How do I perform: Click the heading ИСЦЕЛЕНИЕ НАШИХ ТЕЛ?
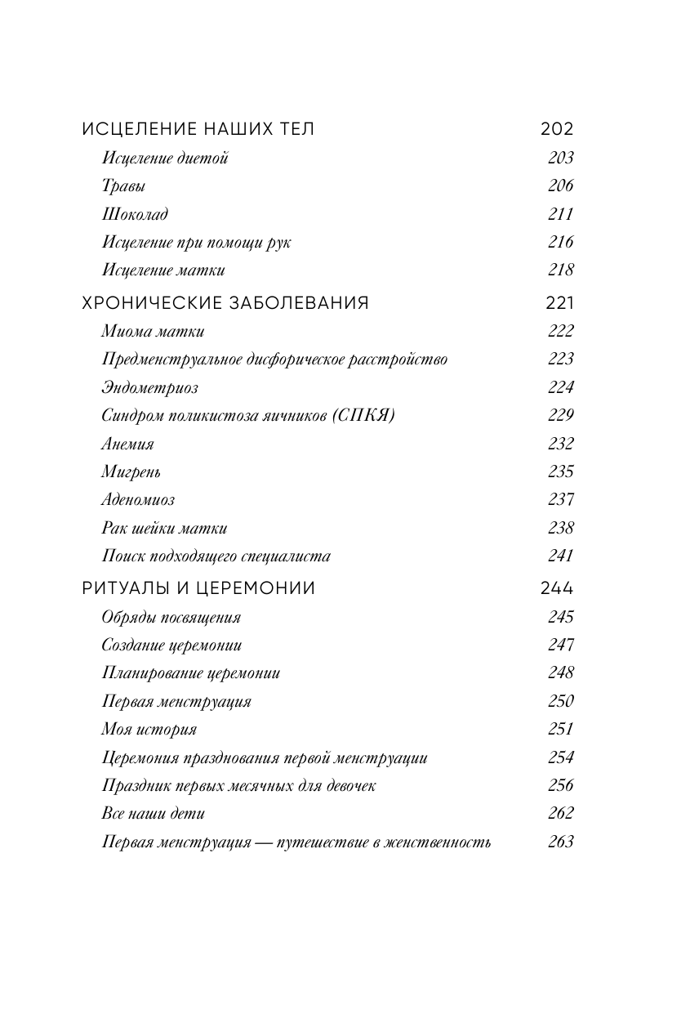pos(198,129)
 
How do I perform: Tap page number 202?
pos(557,129)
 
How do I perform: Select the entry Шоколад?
pos(135,214)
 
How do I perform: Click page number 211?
pos(560,214)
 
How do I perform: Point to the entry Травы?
pos(124,186)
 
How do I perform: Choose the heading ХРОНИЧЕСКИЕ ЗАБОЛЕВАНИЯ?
pos(225,303)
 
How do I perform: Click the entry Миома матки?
pos(153,332)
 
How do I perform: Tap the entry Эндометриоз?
pos(149,387)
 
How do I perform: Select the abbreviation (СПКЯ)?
pos(363,415)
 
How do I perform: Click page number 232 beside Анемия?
pos(560,444)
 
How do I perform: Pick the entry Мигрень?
pos(131,471)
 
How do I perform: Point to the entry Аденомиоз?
pos(138,499)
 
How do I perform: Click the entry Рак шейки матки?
pos(164,528)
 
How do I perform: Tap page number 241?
pos(560,556)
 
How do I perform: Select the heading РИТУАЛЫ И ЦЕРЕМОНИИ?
pos(198,588)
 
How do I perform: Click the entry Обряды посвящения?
pos(171,618)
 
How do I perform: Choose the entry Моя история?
pos(149,729)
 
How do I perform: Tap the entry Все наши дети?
pos(153,813)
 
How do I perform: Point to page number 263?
pos(560,842)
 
